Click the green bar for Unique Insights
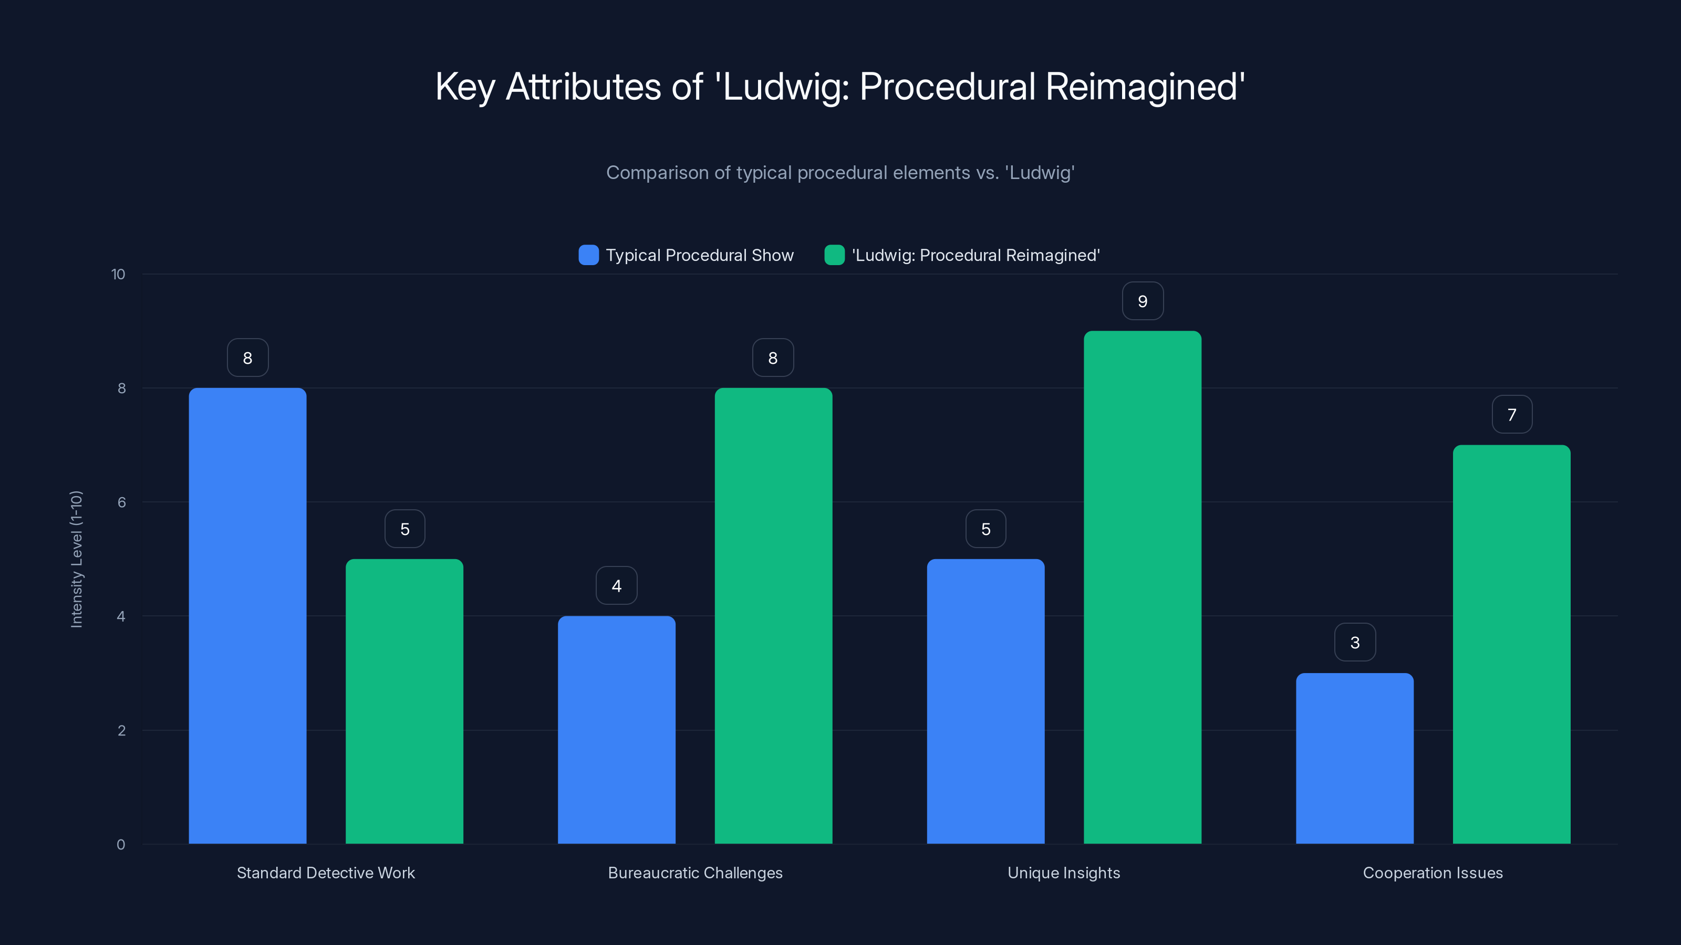[1142, 587]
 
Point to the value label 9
[1142, 301]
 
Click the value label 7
[1511, 415]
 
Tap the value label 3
[1355, 643]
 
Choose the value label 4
[616, 586]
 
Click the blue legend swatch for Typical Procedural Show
[588, 255]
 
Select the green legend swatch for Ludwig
[834, 255]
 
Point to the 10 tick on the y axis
[118, 275]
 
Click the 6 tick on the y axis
[121, 502]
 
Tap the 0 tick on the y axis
[121, 845]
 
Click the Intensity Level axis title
[76, 559]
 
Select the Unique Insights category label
[1064, 873]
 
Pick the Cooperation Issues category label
[1433, 873]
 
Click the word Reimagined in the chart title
[1145, 87]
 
